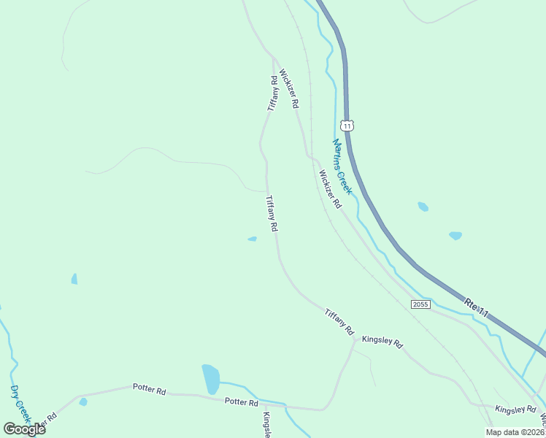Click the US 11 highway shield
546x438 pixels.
347,126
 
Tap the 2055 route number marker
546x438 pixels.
420,304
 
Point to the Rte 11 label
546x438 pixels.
477,307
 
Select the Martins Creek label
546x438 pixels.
342,166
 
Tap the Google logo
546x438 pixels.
24,429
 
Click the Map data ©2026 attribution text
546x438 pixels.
515,432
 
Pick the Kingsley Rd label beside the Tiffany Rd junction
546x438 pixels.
382,341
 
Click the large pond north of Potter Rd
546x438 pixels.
210,379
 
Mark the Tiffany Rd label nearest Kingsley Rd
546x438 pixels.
339,322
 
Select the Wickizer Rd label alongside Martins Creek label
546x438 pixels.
329,189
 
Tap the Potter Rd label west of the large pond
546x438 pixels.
149,389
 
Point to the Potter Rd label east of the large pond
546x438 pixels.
242,402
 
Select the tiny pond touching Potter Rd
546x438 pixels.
83,401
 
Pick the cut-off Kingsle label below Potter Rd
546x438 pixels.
267,425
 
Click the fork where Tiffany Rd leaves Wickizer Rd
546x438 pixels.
274,56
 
